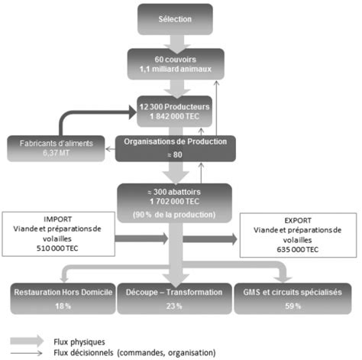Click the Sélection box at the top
coord(175,19)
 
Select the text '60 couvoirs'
coord(176,60)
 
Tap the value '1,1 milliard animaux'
coord(176,69)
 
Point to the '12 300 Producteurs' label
coord(174,107)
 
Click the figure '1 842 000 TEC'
coord(174,116)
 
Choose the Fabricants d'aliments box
coord(56,148)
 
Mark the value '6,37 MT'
coord(56,153)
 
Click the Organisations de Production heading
coord(176,141)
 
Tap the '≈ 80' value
coord(175,154)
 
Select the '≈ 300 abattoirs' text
coord(174,192)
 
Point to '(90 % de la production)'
coord(174,215)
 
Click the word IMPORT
coord(58,219)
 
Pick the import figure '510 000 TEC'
coord(57,248)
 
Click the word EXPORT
coord(298,220)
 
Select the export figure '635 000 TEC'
coord(298,249)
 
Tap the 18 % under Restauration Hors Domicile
coord(63,306)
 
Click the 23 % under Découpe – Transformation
coord(174,306)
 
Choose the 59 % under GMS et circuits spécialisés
coord(293,306)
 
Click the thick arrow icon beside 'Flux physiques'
coord(27,341)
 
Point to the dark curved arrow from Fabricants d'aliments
coord(76,112)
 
